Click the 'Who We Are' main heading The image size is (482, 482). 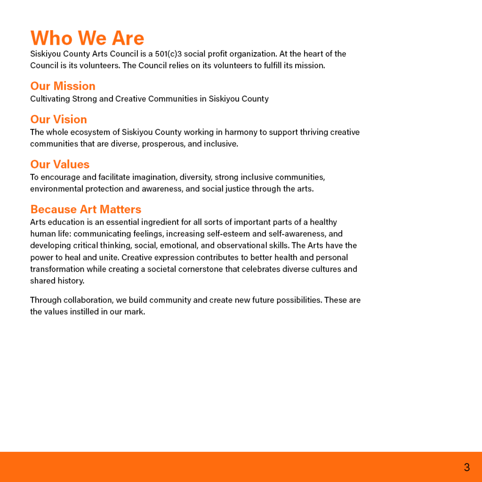click(x=87, y=38)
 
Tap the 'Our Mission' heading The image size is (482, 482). click(x=63, y=86)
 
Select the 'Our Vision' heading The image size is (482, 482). click(x=58, y=120)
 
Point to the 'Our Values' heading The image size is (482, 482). click(x=60, y=164)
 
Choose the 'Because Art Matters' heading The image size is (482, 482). click(x=86, y=209)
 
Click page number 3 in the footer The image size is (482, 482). click(x=466, y=467)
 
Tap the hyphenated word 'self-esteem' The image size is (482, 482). click(x=228, y=234)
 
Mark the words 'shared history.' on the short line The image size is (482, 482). click(x=57, y=281)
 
